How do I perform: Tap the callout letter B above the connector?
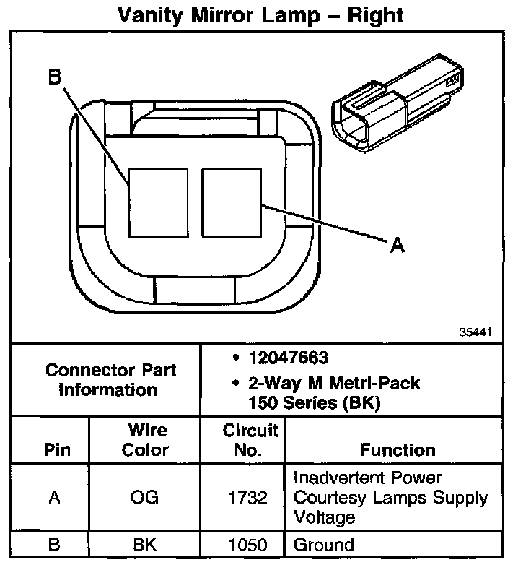tap(55, 77)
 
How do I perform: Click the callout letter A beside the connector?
tap(397, 246)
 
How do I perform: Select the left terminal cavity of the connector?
tap(158, 202)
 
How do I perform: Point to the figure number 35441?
tap(476, 333)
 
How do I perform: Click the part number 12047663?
tap(289, 358)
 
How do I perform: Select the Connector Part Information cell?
tap(110, 380)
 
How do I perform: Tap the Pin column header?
tap(57, 450)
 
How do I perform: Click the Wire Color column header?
tap(149, 440)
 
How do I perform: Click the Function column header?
tap(398, 450)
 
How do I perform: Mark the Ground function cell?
tap(325, 545)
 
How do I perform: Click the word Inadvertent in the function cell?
tap(342, 478)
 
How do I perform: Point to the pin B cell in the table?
tap(54, 545)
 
